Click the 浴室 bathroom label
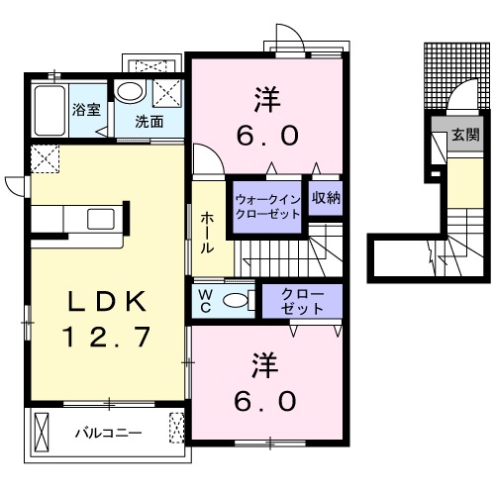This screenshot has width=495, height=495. (86, 110)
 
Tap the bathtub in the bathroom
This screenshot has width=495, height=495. (49, 111)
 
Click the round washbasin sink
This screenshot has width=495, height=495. (130, 92)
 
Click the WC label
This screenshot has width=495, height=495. (206, 301)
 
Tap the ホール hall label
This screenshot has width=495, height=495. (207, 233)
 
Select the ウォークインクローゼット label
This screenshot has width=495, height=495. (267, 207)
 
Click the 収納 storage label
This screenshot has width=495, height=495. (326, 198)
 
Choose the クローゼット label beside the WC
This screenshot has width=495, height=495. (302, 301)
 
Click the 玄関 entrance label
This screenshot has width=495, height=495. (465, 135)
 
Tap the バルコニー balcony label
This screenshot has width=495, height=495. (109, 433)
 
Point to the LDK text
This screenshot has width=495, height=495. (107, 301)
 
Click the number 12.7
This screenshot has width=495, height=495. (107, 337)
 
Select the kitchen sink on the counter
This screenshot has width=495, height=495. (101, 219)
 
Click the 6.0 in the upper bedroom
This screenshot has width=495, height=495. (267, 136)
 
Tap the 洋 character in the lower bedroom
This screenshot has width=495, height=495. (264, 365)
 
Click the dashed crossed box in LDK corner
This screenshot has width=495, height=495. (45, 158)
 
